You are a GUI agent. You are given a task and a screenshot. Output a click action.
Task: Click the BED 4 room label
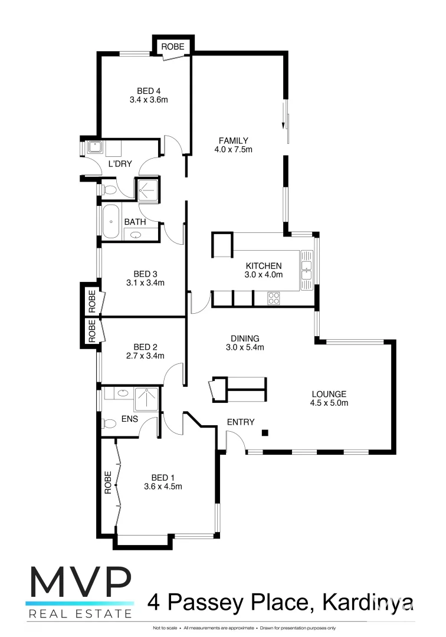(149, 91)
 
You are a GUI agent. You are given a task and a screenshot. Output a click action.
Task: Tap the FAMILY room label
(233, 140)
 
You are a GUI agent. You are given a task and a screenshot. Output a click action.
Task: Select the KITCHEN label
(264, 265)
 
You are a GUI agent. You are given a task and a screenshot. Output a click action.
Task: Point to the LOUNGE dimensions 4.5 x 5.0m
(329, 403)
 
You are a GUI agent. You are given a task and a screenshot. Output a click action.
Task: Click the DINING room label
(245, 339)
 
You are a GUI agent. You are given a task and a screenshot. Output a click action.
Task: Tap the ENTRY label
(241, 422)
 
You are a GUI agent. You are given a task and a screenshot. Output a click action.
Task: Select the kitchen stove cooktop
(274, 298)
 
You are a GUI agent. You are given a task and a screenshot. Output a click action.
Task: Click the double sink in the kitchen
(306, 270)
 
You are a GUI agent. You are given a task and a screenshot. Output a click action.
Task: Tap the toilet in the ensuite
(109, 423)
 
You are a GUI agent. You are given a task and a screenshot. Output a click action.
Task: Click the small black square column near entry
(265, 433)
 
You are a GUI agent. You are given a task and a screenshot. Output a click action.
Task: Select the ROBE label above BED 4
(173, 47)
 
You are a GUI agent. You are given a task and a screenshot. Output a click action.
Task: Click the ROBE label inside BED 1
(108, 482)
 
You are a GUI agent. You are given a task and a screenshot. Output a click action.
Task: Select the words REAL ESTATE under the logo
(79, 614)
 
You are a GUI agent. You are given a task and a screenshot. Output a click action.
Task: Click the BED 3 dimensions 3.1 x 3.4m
(145, 283)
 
